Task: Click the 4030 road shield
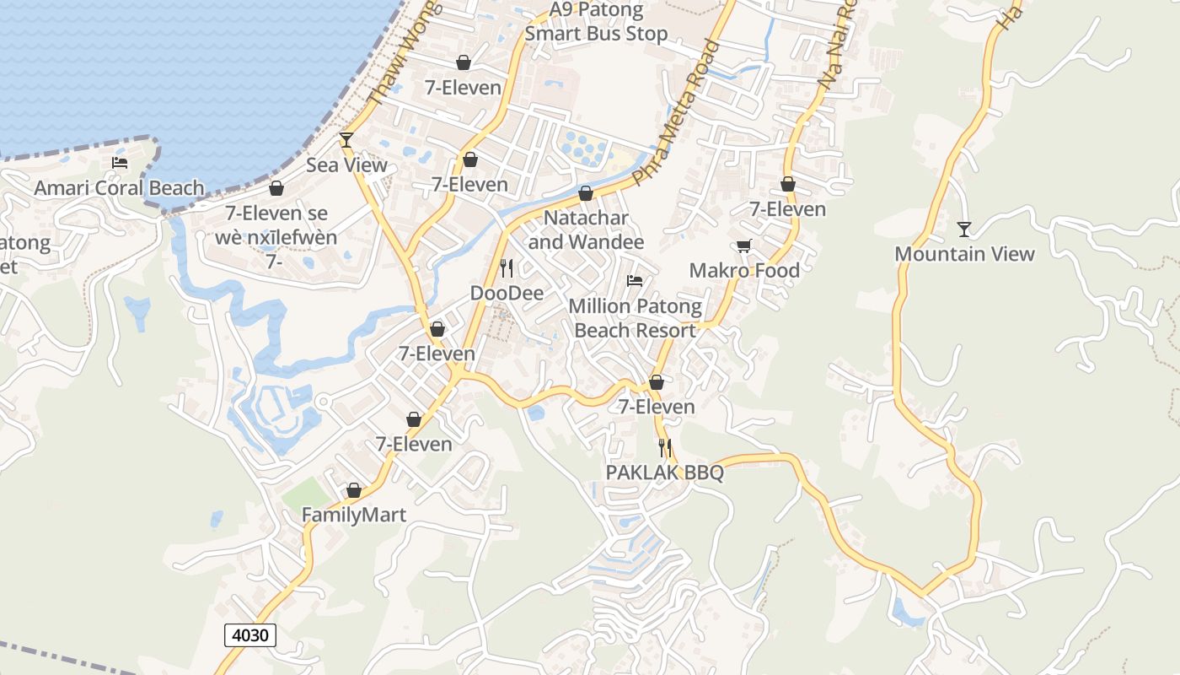250,634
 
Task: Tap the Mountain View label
964,254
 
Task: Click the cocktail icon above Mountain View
964,229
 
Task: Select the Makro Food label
744,270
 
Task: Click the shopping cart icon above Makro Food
743,246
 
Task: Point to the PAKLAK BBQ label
665,472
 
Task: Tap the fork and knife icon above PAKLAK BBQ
665,447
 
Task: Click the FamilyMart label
354,515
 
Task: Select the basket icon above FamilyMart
354,490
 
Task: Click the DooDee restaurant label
507,294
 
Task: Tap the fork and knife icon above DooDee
507,268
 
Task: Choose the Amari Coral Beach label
119,188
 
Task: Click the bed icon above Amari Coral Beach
120,163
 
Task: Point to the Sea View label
346,165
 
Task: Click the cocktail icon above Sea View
346,139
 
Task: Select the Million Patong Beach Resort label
635,317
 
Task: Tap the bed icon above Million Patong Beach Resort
635,280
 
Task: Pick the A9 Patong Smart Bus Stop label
596,22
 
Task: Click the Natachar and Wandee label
586,229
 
